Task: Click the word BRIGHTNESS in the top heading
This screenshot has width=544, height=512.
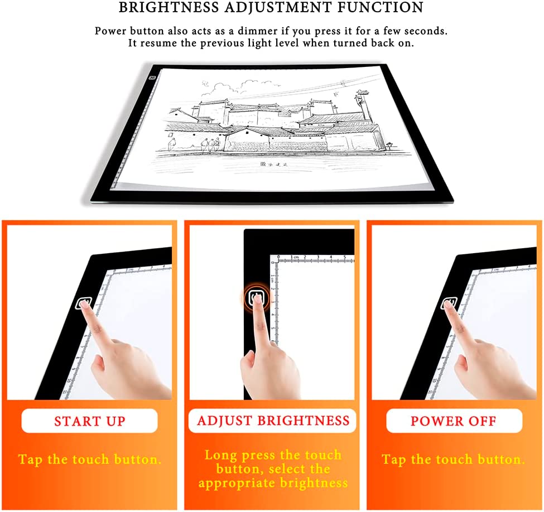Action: [x=169, y=7]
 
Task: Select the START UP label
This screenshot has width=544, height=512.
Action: [x=89, y=421]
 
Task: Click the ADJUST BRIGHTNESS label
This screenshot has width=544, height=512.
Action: [x=273, y=421]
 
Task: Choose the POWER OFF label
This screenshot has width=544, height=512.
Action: [x=454, y=421]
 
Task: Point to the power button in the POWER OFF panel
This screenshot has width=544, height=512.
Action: [x=449, y=303]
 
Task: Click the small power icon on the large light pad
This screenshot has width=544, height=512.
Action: [x=152, y=78]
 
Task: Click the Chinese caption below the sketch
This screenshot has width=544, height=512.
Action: [x=274, y=165]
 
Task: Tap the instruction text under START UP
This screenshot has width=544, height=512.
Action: [x=89, y=459]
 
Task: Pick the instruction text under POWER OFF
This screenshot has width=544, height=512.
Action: [x=454, y=459]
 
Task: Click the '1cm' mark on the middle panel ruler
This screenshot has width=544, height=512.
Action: [x=294, y=257]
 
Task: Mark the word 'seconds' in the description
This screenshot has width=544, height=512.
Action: [x=426, y=31]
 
